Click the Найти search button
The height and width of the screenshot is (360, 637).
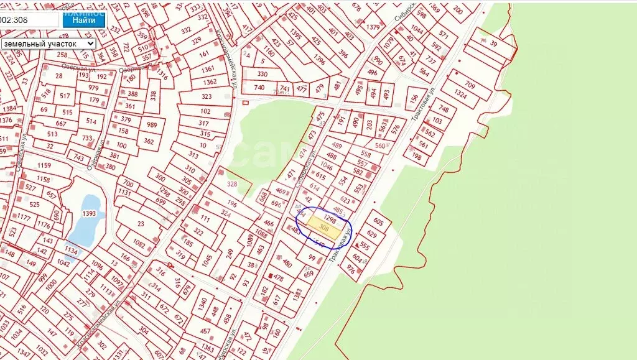click(83, 19)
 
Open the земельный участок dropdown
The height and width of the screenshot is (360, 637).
click(48, 44)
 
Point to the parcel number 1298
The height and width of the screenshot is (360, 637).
click(330, 219)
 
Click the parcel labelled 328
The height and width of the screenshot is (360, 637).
click(232, 184)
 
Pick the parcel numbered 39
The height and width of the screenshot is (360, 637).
click(494, 43)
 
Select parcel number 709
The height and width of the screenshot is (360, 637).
click(470, 85)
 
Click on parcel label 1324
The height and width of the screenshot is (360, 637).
click(461, 95)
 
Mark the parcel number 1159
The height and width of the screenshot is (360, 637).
click(44, 165)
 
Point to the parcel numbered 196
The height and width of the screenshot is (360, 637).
click(232, 203)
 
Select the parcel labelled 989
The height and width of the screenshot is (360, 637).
click(151, 124)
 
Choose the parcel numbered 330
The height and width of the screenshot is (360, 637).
click(262, 73)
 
